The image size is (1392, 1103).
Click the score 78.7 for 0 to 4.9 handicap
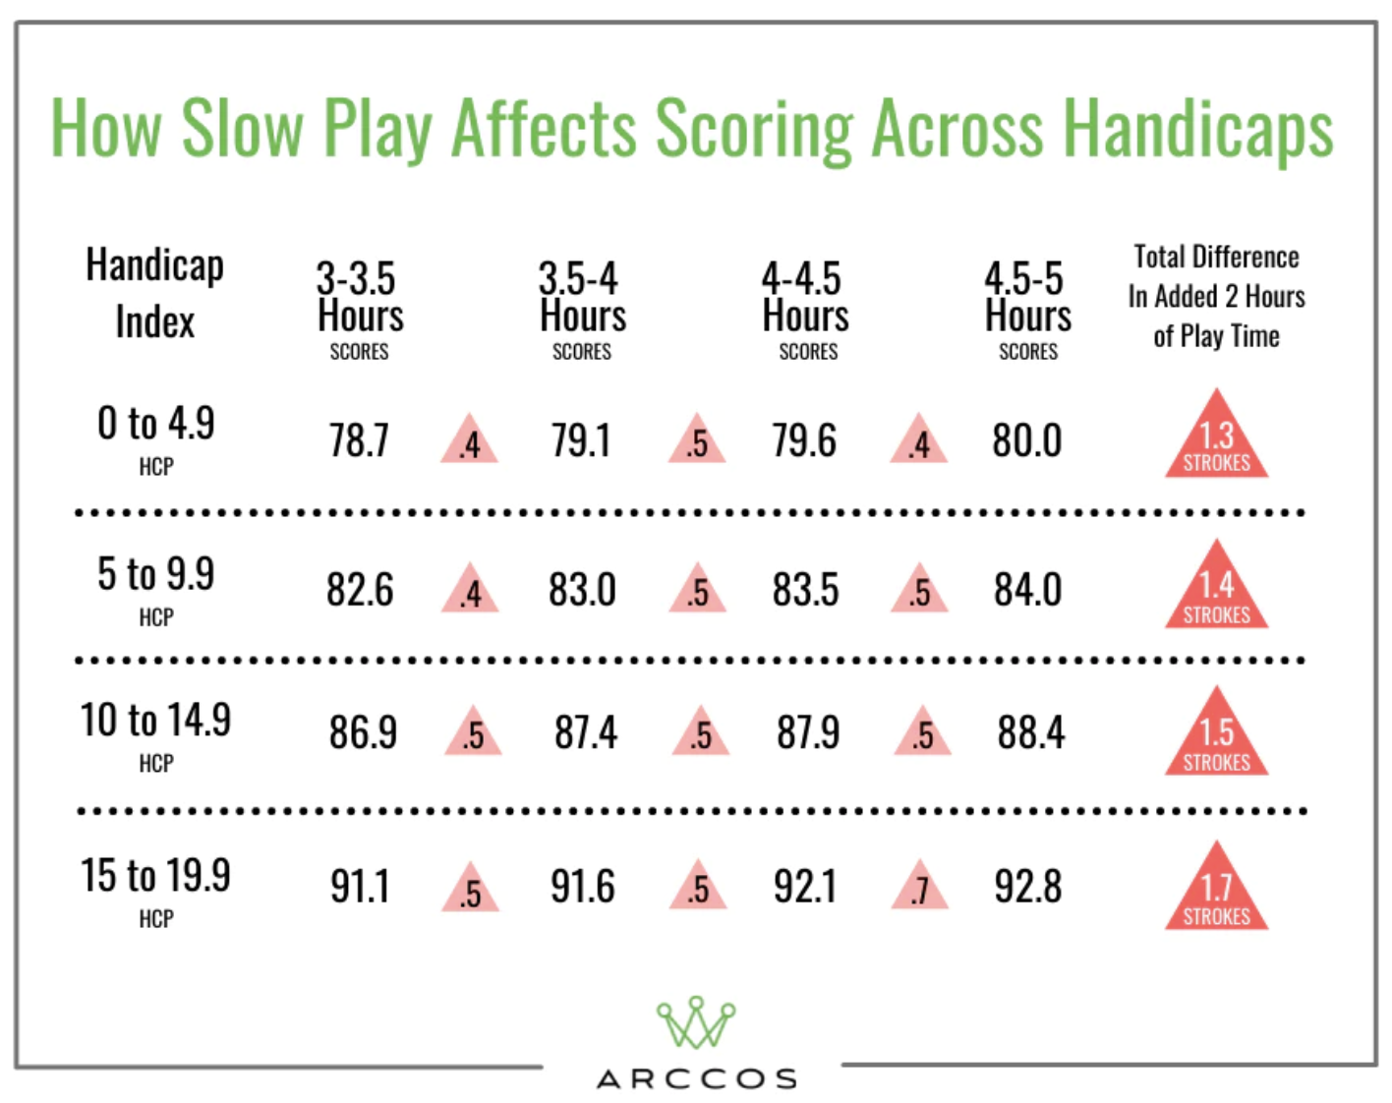[x=359, y=440]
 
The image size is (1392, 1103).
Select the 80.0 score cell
[x=1026, y=440]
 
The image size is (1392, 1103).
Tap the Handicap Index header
[x=155, y=293]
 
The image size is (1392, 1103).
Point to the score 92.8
[x=1027, y=887]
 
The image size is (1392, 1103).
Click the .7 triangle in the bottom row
[x=920, y=890]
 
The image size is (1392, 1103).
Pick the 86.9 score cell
[x=363, y=733]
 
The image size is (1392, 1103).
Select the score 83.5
[x=805, y=590]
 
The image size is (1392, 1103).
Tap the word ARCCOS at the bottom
[x=696, y=1079]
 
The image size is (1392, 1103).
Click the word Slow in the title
[x=242, y=128]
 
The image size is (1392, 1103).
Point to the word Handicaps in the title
[x=1198, y=130]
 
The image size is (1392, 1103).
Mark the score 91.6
[x=582, y=887]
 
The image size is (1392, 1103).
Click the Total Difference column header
[x=1216, y=296]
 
